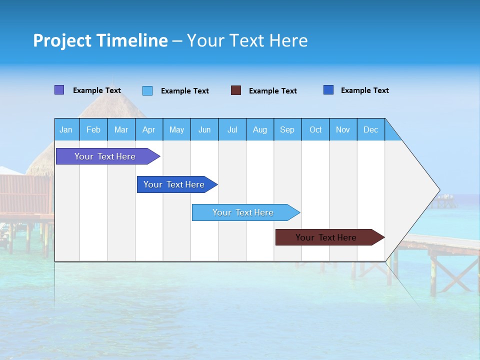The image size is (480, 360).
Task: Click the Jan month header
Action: tap(66, 129)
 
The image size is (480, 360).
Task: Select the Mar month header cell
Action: tap(121, 129)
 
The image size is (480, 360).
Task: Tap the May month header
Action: tap(176, 129)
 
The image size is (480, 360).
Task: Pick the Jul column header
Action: tap(232, 129)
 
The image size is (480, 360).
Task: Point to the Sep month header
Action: tap(287, 129)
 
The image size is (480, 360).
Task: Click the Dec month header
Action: tap(370, 129)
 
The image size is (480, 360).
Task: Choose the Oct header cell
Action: tap(315, 129)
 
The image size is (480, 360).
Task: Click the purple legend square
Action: tap(59, 90)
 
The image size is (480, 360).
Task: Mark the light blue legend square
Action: tap(147, 90)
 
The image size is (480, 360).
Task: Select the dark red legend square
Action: tap(236, 90)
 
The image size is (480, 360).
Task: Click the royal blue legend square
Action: tap(328, 90)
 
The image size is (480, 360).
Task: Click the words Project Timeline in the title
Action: tap(100, 40)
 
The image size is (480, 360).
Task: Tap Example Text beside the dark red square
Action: tap(272, 91)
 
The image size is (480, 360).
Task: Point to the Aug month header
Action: tap(259, 129)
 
